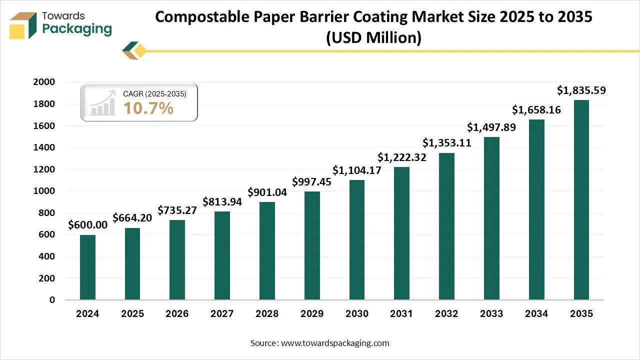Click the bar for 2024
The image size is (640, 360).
tap(87, 267)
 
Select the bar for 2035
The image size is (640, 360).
tap(581, 200)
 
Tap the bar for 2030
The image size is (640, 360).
tap(356, 240)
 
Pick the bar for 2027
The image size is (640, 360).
tap(222, 255)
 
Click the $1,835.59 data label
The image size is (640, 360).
tap(581, 91)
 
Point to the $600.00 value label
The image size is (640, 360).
tap(87, 225)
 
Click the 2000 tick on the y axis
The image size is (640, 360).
tap(44, 82)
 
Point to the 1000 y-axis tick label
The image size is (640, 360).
tap(44, 191)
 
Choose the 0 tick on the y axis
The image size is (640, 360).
tap(52, 300)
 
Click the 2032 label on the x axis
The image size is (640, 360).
tap(446, 314)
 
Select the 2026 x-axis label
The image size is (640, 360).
tap(177, 314)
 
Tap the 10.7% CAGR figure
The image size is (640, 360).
tap(148, 107)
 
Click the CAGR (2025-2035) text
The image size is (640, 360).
tap(154, 93)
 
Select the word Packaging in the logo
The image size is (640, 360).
tap(77, 29)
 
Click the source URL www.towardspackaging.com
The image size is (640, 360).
tap(335, 343)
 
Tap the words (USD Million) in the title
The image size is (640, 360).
tap(373, 37)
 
